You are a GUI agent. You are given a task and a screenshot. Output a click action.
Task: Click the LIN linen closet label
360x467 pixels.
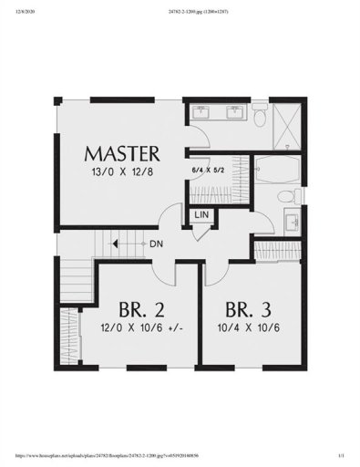click(202, 215)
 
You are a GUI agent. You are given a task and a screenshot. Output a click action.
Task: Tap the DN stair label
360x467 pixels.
click(155, 244)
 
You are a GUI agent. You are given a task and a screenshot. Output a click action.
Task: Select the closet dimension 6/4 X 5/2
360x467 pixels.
click(206, 169)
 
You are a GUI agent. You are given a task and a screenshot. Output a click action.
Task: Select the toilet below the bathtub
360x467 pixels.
click(285, 198)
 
